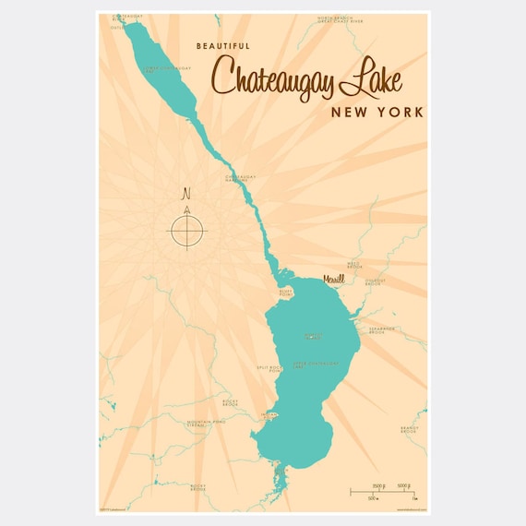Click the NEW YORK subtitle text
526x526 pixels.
coord(378,112)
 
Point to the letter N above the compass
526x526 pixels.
coord(187,194)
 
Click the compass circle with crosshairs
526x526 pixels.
coord(187,229)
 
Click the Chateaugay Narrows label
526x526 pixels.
coord(239,176)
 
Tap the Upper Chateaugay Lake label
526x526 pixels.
coord(315,365)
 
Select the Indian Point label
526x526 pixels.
coord(269,416)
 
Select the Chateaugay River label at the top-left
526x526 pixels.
coord(127,18)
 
